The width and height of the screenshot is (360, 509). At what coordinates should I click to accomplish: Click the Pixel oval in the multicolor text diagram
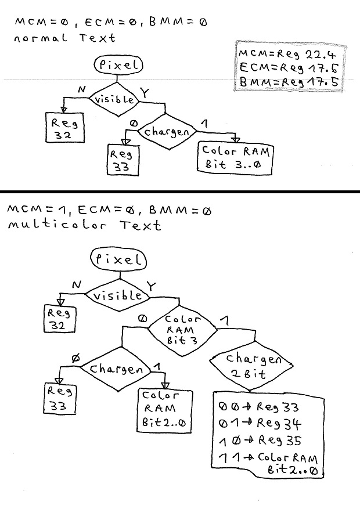[118, 259]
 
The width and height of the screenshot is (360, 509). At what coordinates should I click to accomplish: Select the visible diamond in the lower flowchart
[118, 295]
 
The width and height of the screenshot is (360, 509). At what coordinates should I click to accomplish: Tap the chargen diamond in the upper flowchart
[166, 132]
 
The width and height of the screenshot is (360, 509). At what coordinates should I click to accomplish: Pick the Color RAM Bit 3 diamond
[182, 330]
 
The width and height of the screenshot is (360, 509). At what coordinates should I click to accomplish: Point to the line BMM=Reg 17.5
[288, 82]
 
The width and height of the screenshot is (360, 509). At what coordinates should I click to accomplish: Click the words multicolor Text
[84, 225]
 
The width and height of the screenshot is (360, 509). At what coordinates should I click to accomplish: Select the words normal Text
[65, 38]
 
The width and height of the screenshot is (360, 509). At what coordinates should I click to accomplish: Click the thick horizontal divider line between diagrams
[180, 191]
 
